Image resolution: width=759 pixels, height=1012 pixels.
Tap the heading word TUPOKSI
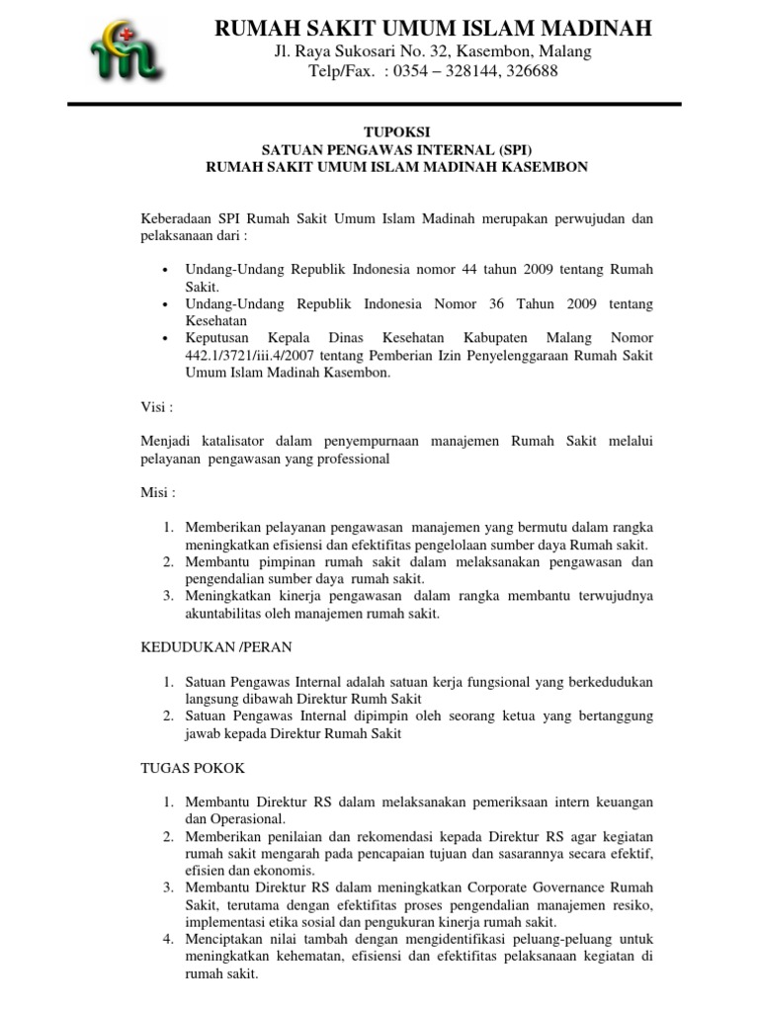click(x=396, y=131)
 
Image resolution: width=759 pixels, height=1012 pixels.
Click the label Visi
click(x=156, y=407)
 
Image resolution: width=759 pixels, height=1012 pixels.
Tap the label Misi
click(x=158, y=492)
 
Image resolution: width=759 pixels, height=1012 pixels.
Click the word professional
click(x=349, y=459)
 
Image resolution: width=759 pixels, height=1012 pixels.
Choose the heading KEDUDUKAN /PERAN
click(x=215, y=647)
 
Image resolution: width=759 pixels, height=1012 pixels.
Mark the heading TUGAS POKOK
click(x=193, y=767)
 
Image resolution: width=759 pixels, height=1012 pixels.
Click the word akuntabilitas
click(x=229, y=614)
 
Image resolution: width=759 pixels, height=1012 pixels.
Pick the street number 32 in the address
click(x=434, y=51)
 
